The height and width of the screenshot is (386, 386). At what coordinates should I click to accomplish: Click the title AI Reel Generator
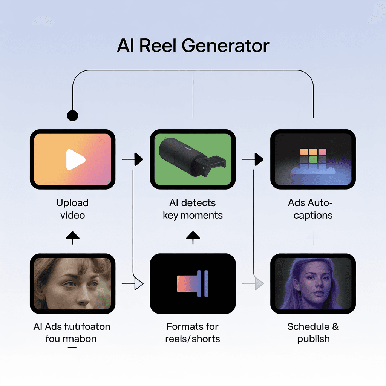[x=193, y=46]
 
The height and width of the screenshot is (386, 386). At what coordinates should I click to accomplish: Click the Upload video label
[x=72, y=209]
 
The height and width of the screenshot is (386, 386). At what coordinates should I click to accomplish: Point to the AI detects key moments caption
[x=193, y=209]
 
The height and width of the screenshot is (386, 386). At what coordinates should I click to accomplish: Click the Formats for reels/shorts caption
[x=193, y=332]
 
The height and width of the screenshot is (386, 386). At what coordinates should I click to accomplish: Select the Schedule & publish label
[x=313, y=332]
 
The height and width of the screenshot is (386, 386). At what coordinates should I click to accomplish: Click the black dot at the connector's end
[x=72, y=115]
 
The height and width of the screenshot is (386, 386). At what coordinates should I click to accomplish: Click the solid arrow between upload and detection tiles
[x=138, y=159]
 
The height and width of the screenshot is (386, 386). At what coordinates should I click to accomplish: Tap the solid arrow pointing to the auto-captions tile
[x=258, y=159]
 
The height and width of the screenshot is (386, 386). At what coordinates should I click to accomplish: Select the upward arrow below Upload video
[x=72, y=236]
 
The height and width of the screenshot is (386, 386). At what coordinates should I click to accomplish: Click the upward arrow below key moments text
[x=193, y=236]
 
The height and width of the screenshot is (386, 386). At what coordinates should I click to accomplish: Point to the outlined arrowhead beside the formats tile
[x=139, y=283]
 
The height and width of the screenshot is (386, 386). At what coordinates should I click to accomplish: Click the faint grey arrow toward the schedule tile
[x=259, y=283]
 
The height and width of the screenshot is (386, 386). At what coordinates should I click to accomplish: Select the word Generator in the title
[x=225, y=46]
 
